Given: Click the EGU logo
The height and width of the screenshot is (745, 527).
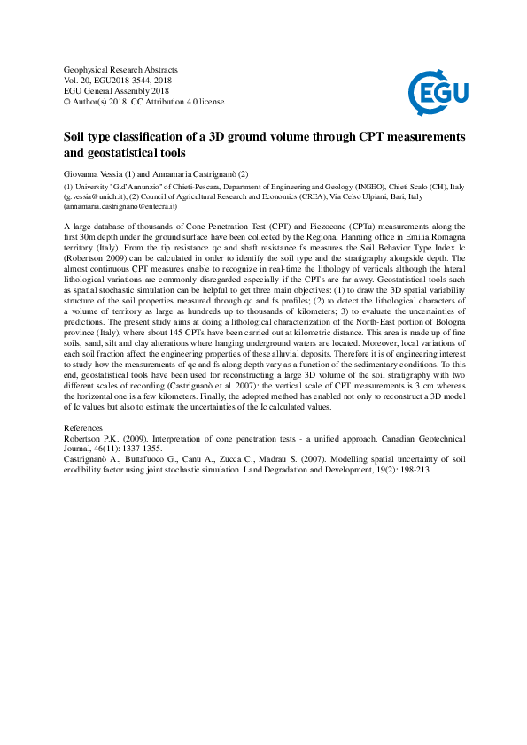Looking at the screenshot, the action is (x=438, y=91).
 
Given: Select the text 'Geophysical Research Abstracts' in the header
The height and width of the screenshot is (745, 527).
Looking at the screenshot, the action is (x=121, y=69).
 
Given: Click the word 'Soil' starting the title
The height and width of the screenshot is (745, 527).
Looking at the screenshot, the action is (x=77, y=137).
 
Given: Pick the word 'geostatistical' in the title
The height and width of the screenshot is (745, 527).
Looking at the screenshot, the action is (x=127, y=152).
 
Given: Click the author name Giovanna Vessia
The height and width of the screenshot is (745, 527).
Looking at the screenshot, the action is (x=98, y=174).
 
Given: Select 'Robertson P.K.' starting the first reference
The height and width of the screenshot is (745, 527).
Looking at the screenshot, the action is (x=93, y=438).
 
